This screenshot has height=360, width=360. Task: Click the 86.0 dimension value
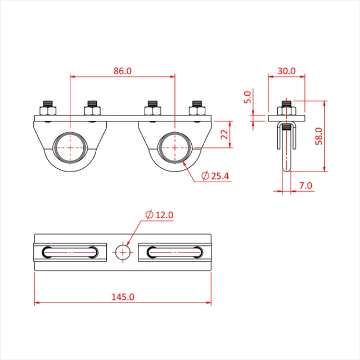[122, 71]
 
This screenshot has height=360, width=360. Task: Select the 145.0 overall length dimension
[122, 296]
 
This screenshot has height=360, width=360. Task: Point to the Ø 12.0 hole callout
[159, 215]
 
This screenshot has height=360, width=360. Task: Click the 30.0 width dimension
[286, 71]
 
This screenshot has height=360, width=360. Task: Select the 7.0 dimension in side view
[306, 185]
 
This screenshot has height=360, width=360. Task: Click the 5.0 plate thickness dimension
[246, 98]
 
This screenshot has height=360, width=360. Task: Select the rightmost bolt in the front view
[197, 110]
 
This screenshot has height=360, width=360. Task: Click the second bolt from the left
[92, 110]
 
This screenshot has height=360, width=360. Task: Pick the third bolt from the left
[152, 110]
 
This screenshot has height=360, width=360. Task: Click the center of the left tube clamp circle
[70, 148]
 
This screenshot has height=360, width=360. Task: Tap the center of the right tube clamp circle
[174, 148]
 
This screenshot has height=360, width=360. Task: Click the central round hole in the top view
[123, 253]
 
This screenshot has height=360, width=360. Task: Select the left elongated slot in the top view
[70, 253]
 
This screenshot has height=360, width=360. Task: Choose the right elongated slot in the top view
[175, 253]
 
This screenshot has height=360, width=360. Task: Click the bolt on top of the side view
[286, 107]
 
